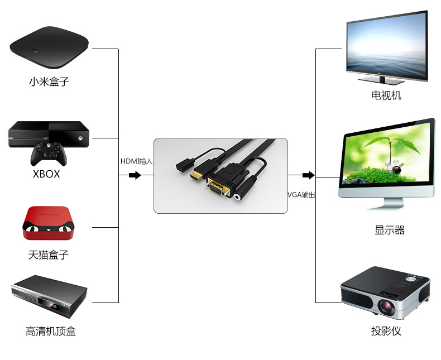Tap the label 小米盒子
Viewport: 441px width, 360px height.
49,81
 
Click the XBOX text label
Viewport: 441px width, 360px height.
46,174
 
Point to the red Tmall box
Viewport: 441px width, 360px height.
48,223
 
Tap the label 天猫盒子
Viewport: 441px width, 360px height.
48,255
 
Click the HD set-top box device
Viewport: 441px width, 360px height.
49,296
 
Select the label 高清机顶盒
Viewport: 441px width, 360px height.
50,331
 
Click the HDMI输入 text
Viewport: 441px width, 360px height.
136,161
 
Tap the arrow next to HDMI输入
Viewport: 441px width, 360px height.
135,175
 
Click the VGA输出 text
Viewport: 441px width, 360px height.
301,195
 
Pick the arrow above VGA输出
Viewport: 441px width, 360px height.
308,175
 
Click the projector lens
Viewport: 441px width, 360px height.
387,306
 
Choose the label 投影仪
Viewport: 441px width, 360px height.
386,331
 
